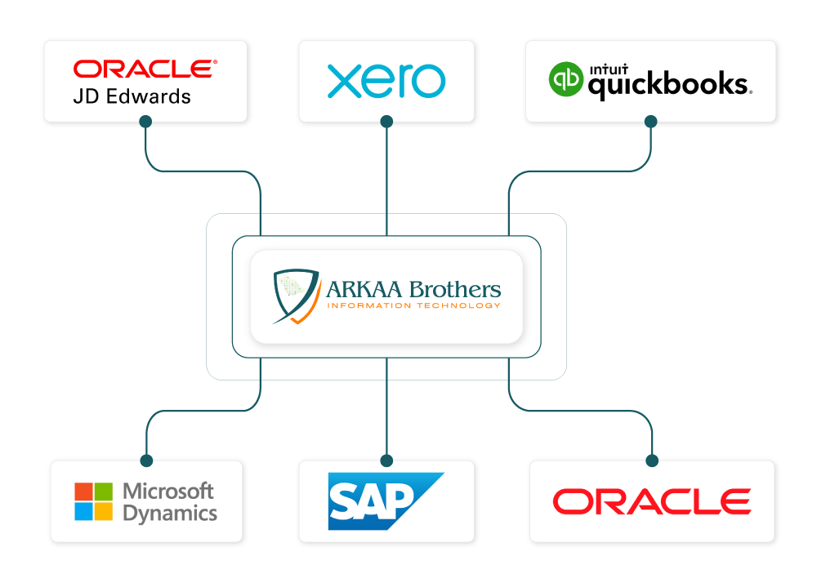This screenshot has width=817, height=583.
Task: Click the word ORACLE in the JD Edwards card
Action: tap(145, 69)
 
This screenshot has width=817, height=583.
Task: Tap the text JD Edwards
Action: tap(132, 96)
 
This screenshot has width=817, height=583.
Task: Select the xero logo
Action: tap(386, 82)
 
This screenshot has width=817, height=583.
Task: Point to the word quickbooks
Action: tap(668, 85)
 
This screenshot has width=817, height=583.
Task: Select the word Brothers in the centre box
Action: tap(456, 288)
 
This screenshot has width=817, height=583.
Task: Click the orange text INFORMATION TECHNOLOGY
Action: tap(413, 305)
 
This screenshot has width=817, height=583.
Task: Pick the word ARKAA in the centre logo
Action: tap(364, 289)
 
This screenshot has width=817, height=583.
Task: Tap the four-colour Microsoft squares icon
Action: tap(94, 501)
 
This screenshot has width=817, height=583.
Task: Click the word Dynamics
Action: tap(170, 513)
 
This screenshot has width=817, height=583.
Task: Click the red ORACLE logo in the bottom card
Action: tap(652, 501)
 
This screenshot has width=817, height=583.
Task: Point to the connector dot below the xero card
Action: tap(386, 122)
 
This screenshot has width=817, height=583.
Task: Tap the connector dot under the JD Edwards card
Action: tap(145, 122)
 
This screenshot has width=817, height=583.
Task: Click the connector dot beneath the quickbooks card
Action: tap(651, 122)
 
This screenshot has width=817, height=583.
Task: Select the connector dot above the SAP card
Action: tap(386, 461)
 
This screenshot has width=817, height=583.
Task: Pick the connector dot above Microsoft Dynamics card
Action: tap(146, 461)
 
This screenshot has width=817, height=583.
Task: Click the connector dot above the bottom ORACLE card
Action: tap(652, 461)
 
